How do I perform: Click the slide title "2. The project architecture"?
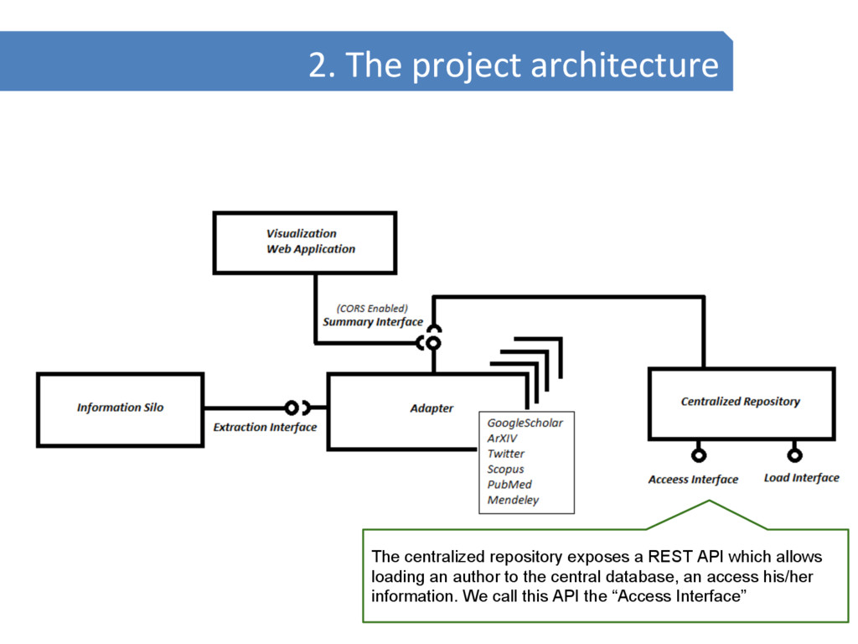513,65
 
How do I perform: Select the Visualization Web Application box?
305,242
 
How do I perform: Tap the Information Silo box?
120,408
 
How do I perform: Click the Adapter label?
432,408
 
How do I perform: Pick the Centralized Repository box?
741,402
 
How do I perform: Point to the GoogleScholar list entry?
525,423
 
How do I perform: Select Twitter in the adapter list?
505,454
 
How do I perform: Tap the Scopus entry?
505,470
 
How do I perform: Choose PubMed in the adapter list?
509,485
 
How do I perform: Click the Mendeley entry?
513,501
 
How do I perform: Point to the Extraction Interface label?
265,428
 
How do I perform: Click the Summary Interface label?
373,322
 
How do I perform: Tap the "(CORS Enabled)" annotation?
372,308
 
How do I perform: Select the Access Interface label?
693,480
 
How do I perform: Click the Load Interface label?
801,478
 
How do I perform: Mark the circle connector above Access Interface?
698,455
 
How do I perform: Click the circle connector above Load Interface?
794,455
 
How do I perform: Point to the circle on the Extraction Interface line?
291,408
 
